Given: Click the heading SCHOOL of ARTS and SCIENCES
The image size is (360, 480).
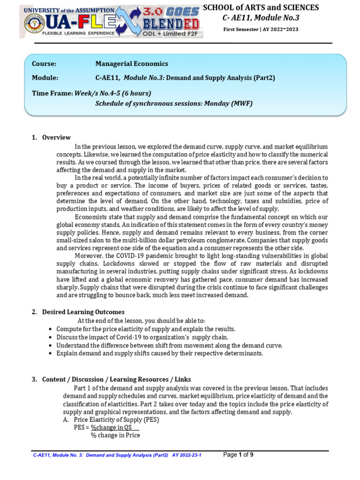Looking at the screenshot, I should tap(261, 7).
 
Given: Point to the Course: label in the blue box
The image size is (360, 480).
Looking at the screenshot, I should tap(44, 64).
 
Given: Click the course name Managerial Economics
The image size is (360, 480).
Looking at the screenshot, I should tap(132, 64).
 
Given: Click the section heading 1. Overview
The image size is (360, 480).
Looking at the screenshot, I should tap(51, 137).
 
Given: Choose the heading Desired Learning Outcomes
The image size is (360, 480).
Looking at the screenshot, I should tap(83, 312).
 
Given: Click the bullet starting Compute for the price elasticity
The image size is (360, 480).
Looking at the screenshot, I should tap(146, 329).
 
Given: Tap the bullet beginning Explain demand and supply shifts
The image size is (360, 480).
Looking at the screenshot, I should tap(159, 353).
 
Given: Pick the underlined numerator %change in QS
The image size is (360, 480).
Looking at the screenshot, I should tap(112, 427).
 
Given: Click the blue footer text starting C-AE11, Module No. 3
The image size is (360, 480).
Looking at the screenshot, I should tap(117, 455).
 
